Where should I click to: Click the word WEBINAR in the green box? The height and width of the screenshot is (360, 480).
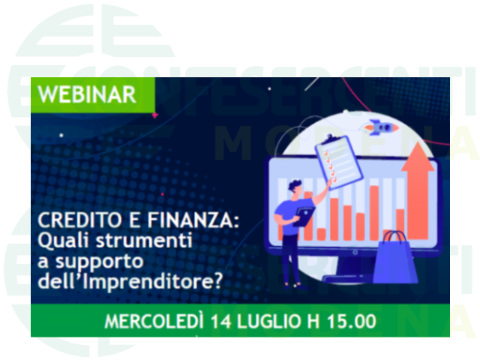click(x=87, y=94)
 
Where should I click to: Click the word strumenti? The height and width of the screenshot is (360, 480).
click(x=144, y=240)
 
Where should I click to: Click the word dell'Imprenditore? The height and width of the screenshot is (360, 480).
click(x=125, y=280)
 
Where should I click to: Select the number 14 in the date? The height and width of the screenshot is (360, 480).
click(x=221, y=322)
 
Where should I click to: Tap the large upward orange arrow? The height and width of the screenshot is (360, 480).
click(x=418, y=190)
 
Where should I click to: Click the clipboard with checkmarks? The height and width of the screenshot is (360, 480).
click(x=339, y=159)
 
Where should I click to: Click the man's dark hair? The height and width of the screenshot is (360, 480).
click(x=295, y=184)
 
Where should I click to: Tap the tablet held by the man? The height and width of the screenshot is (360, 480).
click(x=304, y=217)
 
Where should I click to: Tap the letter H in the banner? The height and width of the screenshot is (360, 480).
click(x=313, y=322)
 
